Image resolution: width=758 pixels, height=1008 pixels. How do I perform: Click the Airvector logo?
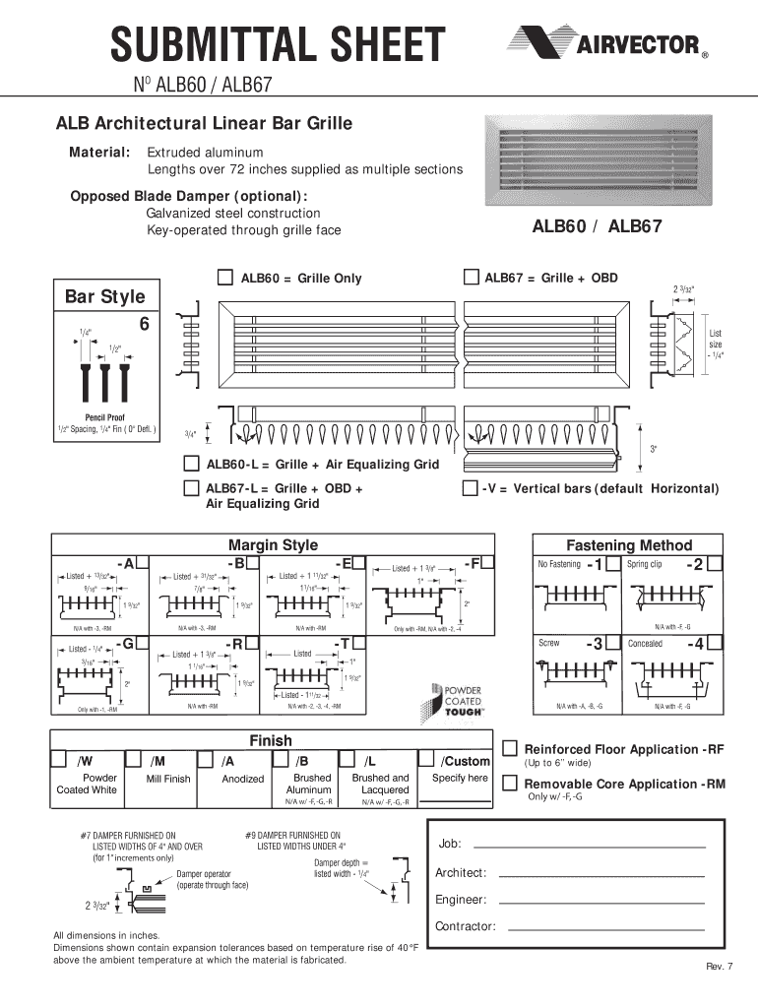pos(606,44)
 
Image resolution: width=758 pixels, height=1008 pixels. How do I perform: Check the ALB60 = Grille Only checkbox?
pos(225,277)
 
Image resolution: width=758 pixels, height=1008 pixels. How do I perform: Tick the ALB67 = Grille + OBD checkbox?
pos(472,277)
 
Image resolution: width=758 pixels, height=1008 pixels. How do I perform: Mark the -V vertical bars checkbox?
pos(470,488)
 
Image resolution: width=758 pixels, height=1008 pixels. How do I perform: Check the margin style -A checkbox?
pos(143,562)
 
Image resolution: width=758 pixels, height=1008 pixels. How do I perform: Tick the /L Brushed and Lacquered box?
pos(348,760)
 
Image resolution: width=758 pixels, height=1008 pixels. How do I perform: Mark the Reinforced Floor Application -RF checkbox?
pos(511,749)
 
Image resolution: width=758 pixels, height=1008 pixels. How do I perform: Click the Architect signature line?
pos(602,874)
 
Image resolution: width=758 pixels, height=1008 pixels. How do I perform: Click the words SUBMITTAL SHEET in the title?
pos(278,44)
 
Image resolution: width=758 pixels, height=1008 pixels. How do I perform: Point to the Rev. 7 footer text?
pos(719,965)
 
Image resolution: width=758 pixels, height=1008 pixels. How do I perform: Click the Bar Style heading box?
pos(104,296)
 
